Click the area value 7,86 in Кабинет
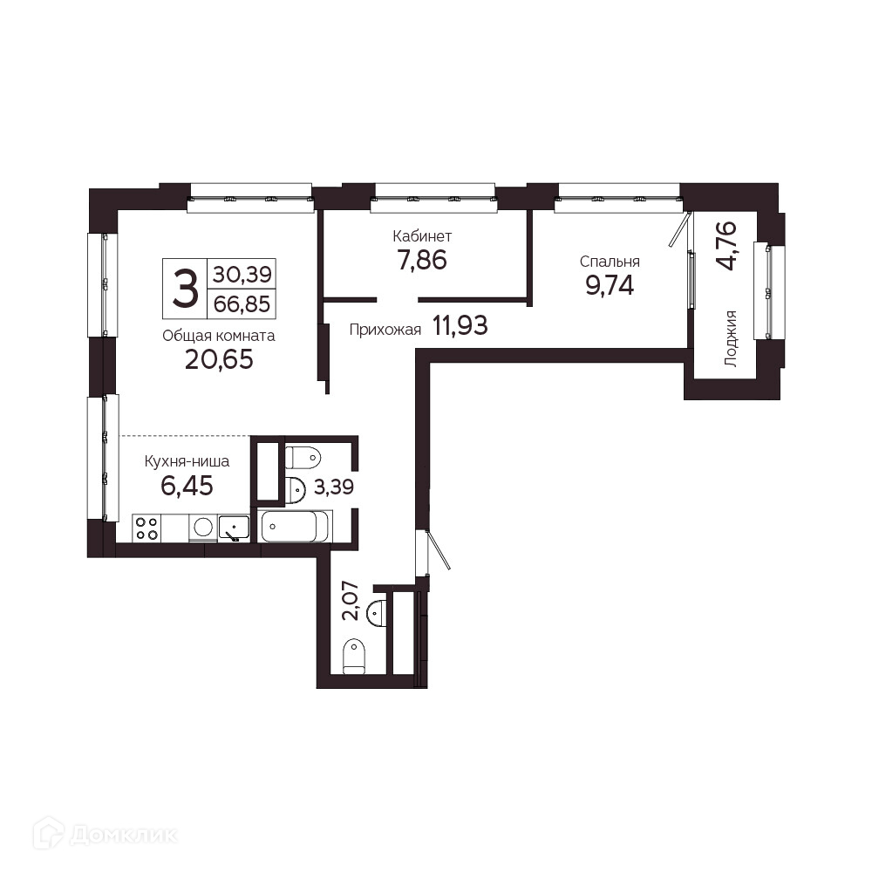pyautogui.click(x=422, y=260)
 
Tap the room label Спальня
pyautogui.click(x=610, y=262)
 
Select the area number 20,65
pyautogui.click(x=219, y=359)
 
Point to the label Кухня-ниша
pyautogui.click(x=187, y=461)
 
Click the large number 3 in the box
pyautogui.click(x=185, y=288)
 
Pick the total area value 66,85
pyautogui.click(x=242, y=304)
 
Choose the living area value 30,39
pyautogui.click(x=242, y=274)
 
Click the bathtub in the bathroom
pyautogui.click(x=296, y=526)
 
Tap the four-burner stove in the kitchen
pyautogui.click(x=146, y=528)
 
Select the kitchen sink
pyautogui.click(x=234, y=528)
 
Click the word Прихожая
pyautogui.click(x=385, y=330)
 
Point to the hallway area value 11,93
pyautogui.click(x=460, y=326)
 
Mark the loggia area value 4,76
pyautogui.click(x=727, y=245)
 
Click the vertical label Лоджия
pyautogui.click(x=731, y=338)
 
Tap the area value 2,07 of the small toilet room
pyautogui.click(x=351, y=601)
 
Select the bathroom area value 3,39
pyautogui.click(x=334, y=487)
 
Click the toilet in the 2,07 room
pyautogui.click(x=354, y=657)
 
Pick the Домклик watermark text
pyautogui.click(x=124, y=835)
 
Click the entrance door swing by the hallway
pyautogui.click(x=437, y=549)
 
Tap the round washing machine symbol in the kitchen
pyautogui.click(x=203, y=528)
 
